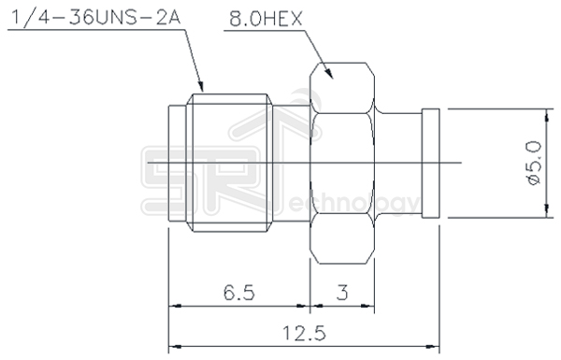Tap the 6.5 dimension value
[x=239, y=293]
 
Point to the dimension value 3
[x=342, y=293]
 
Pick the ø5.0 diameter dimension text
[x=534, y=164]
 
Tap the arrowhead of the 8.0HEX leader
[x=333, y=75]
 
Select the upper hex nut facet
[x=343, y=84]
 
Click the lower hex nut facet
[x=343, y=245]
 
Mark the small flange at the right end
[x=433, y=165]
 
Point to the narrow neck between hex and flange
[x=400, y=165]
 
